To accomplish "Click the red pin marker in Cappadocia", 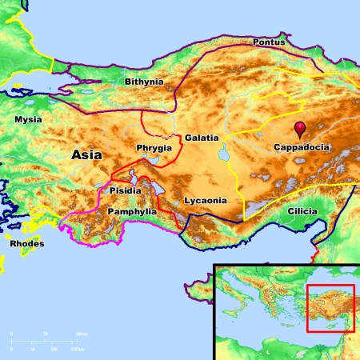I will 300,129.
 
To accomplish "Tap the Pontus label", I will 268,42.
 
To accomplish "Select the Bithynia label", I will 144,82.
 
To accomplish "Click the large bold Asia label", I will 86,154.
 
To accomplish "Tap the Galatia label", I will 201,138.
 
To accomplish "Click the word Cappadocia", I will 302,148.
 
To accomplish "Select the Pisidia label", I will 125,190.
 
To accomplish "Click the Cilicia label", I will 302,211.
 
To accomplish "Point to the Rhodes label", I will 27,243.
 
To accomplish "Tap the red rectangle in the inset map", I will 330,308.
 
